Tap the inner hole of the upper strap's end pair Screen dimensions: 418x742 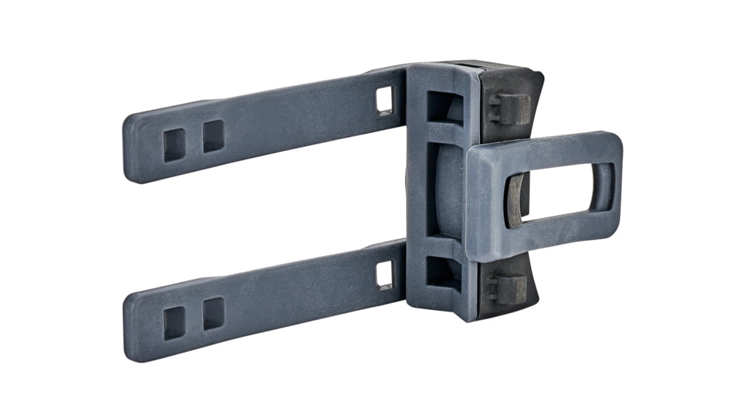[x=213, y=135]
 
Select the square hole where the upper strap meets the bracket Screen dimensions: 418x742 [x=385, y=100]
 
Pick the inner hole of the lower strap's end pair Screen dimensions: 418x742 [x=213, y=312]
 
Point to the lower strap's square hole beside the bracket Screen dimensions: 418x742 [x=385, y=274]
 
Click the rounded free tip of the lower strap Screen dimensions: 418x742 [x=133, y=328]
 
